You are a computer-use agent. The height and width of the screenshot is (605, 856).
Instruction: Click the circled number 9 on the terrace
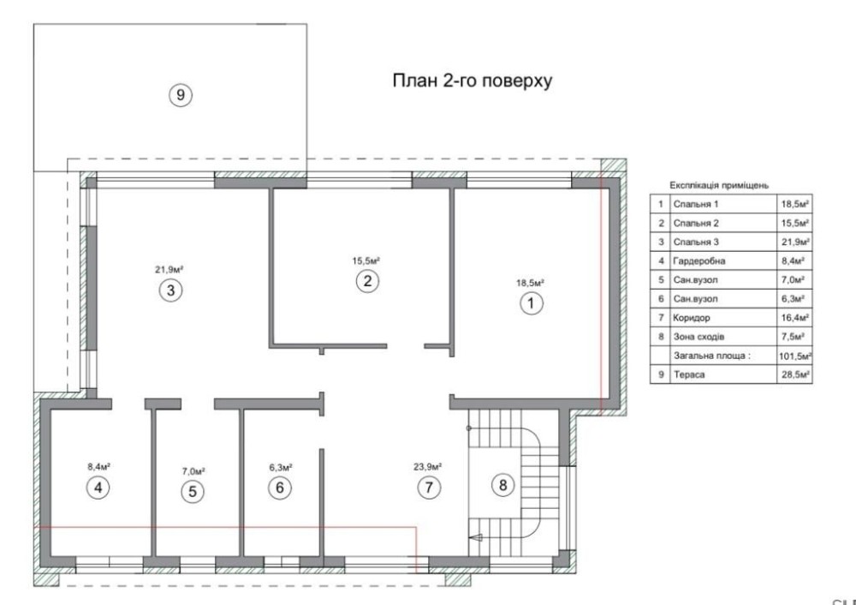(x=180, y=96)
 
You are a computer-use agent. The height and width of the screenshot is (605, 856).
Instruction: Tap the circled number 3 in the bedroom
(x=171, y=291)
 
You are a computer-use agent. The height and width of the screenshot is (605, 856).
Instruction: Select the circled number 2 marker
(x=367, y=281)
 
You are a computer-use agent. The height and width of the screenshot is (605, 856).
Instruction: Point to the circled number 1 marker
(x=532, y=303)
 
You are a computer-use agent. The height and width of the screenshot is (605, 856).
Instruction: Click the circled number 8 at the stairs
(x=502, y=485)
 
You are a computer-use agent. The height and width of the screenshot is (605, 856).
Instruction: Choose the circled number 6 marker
(x=280, y=488)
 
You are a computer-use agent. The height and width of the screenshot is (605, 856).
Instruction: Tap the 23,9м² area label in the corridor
(x=427, y=467)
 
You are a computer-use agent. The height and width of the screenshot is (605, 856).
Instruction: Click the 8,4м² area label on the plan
(x=98, y=467)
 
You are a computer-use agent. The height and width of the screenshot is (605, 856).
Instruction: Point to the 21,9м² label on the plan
(x=169, y=269)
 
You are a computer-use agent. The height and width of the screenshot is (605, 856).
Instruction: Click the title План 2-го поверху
(x=473, y=81)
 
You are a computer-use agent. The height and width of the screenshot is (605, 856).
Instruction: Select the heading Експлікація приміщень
(x=719, y=186)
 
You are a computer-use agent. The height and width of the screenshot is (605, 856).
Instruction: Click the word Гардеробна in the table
(x=699, y=261)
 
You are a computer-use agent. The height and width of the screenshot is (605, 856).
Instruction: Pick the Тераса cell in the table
(x=689, y=374)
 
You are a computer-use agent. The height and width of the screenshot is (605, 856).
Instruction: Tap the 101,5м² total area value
(x=795, y=356)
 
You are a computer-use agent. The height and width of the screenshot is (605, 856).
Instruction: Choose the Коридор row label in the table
(x=692, y=318)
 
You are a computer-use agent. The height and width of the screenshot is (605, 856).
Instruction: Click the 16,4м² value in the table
(x=795, y=318)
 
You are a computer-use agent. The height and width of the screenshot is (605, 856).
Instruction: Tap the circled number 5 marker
(x=192, y=491)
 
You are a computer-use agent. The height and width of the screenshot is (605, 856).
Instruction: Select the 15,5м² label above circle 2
(x=366, y=261)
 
